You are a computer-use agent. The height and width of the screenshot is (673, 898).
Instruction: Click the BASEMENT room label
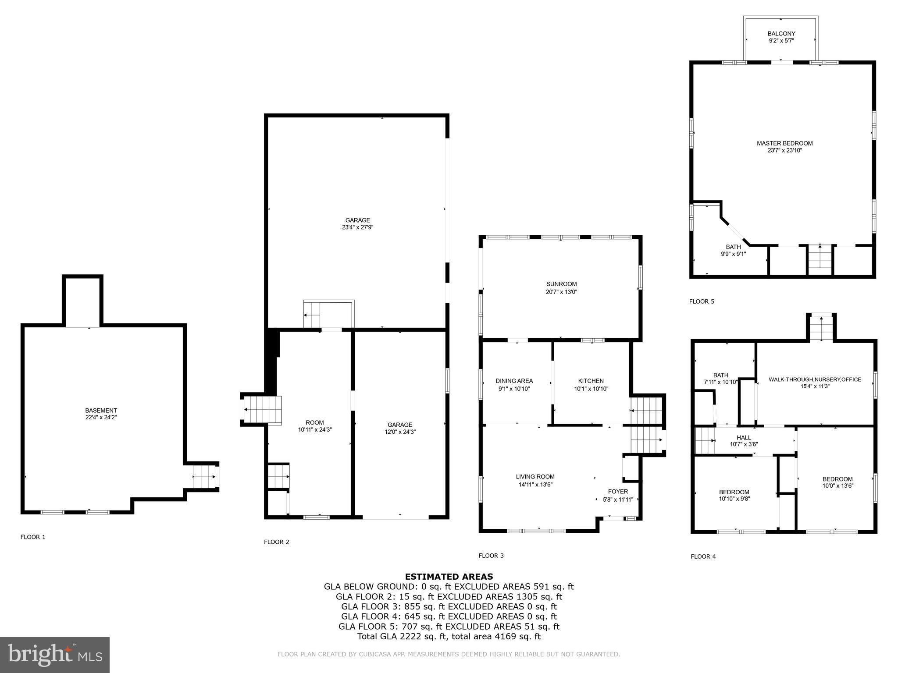(x=101, y=411)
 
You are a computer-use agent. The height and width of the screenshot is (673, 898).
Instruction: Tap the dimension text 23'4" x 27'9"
(x=357, y=227)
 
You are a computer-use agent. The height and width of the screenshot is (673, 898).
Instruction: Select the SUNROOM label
(x=561, y=284)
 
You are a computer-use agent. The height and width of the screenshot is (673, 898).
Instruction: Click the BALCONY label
(x=781, y=34)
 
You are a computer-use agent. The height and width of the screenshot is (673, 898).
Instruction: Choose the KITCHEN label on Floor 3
(x=591, y=381)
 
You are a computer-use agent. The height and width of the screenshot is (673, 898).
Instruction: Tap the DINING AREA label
(x=514, y=381)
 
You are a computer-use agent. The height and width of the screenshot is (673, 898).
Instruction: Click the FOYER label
(x=618, y=492)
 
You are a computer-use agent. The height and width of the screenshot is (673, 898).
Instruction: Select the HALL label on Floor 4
(x=744, y=438)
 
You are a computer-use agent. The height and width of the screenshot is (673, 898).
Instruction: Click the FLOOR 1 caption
(x=33, y=537)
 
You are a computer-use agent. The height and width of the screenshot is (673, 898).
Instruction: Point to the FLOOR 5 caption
(x=702, y=301)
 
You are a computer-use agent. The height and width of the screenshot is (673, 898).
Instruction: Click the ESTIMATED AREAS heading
(x=449, y=577)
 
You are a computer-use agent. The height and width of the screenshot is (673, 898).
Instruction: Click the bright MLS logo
(x=55, y=655)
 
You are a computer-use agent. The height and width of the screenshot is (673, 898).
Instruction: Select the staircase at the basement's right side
(x=204, y=477)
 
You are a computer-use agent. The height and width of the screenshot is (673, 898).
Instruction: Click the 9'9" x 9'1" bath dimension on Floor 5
(x=733, y=254)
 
